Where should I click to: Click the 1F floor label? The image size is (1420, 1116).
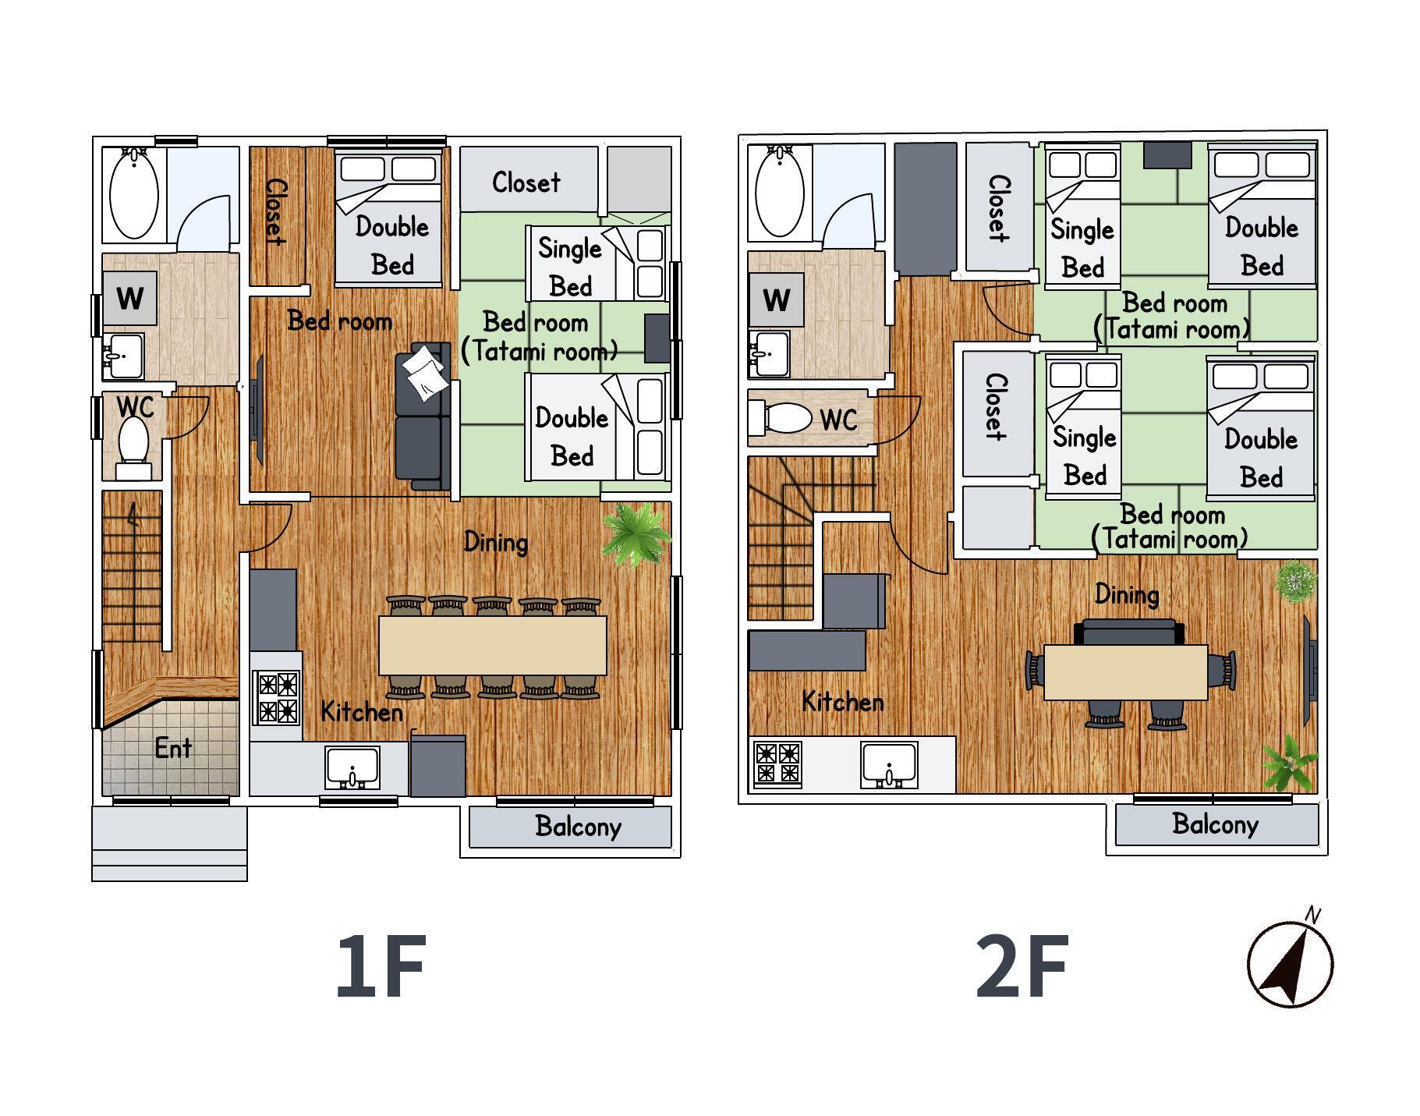(381, 966)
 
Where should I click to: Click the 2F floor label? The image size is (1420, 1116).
(1022, 966)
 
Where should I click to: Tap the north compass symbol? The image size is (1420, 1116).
(1290, 961)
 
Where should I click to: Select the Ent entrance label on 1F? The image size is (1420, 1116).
(173, 748)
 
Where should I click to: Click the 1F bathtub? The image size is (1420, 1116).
(134, 193)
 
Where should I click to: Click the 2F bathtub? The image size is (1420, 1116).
(780, 190)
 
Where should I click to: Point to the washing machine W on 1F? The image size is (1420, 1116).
(130, 298)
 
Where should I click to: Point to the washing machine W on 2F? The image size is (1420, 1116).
(777, 299)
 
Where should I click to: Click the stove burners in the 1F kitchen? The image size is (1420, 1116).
(278, 697)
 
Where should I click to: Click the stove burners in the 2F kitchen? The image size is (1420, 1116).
(777, 763)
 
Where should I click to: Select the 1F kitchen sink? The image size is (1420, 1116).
(352, 768)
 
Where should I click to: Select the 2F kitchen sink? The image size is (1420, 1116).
(889, 764)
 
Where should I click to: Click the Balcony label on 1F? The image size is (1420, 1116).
(578, 827)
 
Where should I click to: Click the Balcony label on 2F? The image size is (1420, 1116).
(1215, 824)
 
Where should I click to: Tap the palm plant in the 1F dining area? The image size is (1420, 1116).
(636, 534)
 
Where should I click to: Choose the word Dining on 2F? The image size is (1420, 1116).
(1127, 595)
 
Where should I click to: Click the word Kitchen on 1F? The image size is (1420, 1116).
(362, 711)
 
